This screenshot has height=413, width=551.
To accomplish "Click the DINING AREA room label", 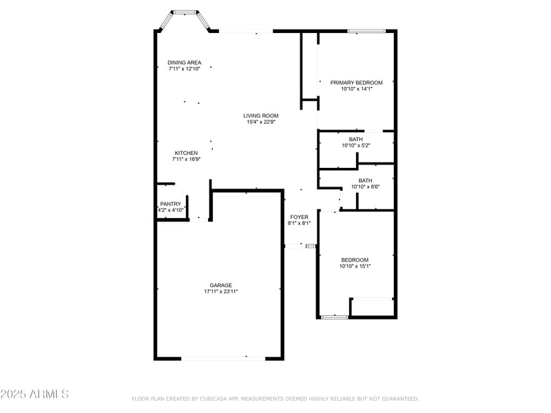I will [x=185, y=63].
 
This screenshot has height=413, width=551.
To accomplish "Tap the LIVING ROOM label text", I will [x=260, y=116].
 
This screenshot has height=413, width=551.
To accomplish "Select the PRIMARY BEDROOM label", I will [x=356, y=83].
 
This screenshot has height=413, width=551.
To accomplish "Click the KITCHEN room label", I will [x=186, y=153].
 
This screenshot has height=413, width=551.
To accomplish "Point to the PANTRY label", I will [x=170, y=204].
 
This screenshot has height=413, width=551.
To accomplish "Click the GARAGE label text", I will [x=221, y=285].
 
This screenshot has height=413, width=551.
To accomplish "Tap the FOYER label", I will [x=299, y=217].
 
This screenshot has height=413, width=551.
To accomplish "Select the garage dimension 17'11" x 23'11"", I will [x=221, y=292].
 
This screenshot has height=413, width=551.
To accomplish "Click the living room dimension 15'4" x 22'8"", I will [x=260, y=123].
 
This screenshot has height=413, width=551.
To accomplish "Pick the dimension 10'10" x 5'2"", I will [x=356, y=145].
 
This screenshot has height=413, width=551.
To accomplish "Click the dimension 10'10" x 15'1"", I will [x=355, y=266].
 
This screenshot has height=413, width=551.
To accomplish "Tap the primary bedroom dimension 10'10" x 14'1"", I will [x=356, y=89].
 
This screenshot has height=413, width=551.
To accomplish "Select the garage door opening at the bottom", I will [x=222, y=358].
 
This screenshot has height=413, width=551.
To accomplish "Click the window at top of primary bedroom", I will [x=366, y=30].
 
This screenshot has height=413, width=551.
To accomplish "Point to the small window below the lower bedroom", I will [x=335, y=317].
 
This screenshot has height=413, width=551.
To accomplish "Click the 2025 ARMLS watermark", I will [x=34, y=394].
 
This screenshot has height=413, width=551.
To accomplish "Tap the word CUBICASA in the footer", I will [x=215, y=399].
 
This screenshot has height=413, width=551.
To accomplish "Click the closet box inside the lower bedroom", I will [x=372, y=307].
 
